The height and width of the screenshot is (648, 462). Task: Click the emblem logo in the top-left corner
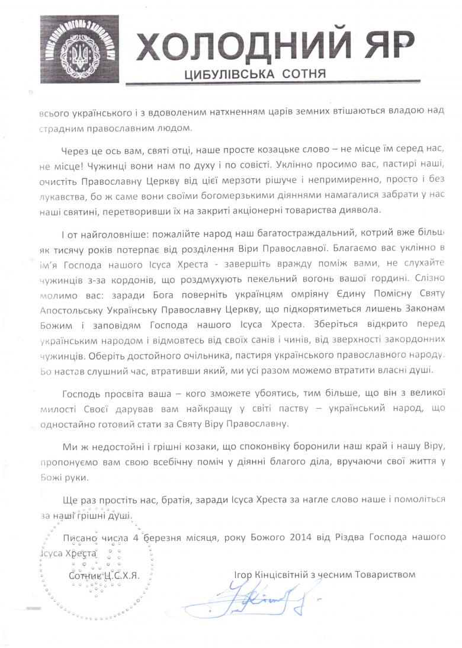point(79,49)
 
